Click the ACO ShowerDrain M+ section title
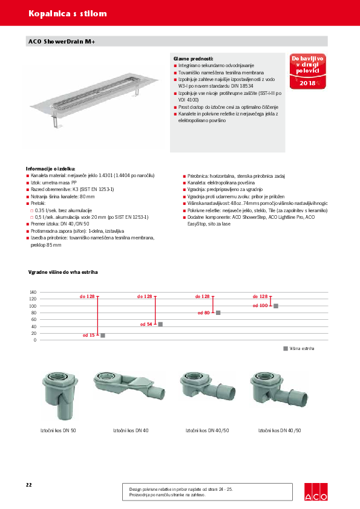coord(62,41)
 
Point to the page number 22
coord(29,485)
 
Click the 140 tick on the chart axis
coord(33,293)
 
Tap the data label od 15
coord(88,335)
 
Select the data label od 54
coord(146,325)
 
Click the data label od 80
coord(203,313)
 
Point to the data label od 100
coord(260,306)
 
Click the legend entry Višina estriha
coord(301,349)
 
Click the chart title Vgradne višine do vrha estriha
coord(64,273)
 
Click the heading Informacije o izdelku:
coord(51,169)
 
